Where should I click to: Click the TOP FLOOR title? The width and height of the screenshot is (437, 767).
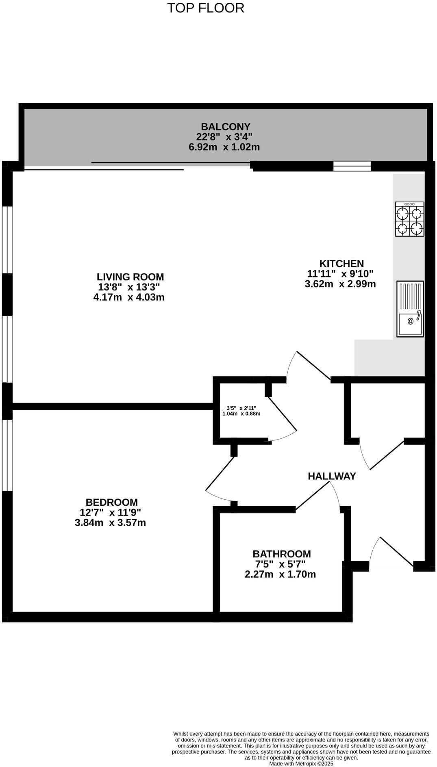point(206,8)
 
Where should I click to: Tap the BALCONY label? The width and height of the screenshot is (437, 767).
point(226,127)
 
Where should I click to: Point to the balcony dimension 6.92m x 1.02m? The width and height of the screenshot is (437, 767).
point(224,147)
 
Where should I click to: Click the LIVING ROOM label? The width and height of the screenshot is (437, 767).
point(130,277)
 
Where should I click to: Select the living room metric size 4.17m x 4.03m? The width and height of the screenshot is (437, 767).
point(129,297)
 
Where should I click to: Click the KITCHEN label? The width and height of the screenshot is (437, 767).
point(341,263)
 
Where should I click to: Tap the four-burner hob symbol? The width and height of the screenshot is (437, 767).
point(409,219)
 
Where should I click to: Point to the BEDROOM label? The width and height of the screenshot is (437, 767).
point(111,502)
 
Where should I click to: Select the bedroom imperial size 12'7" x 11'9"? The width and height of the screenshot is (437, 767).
point(110,512)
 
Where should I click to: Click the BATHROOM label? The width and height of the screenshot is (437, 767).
point(281,554)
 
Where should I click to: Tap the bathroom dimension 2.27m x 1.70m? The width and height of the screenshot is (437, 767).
point(280,574)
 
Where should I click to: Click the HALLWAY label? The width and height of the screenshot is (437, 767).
point(332,476)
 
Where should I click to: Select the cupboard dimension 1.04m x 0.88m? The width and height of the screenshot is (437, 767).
point(241,414)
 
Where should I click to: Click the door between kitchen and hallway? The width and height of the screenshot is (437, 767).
point(313,366)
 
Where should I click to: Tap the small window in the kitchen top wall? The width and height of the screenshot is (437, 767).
point(352,167)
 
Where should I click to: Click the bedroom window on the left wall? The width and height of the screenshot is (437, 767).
point(7,455)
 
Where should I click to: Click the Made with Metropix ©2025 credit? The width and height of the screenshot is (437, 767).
point(301,764)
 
